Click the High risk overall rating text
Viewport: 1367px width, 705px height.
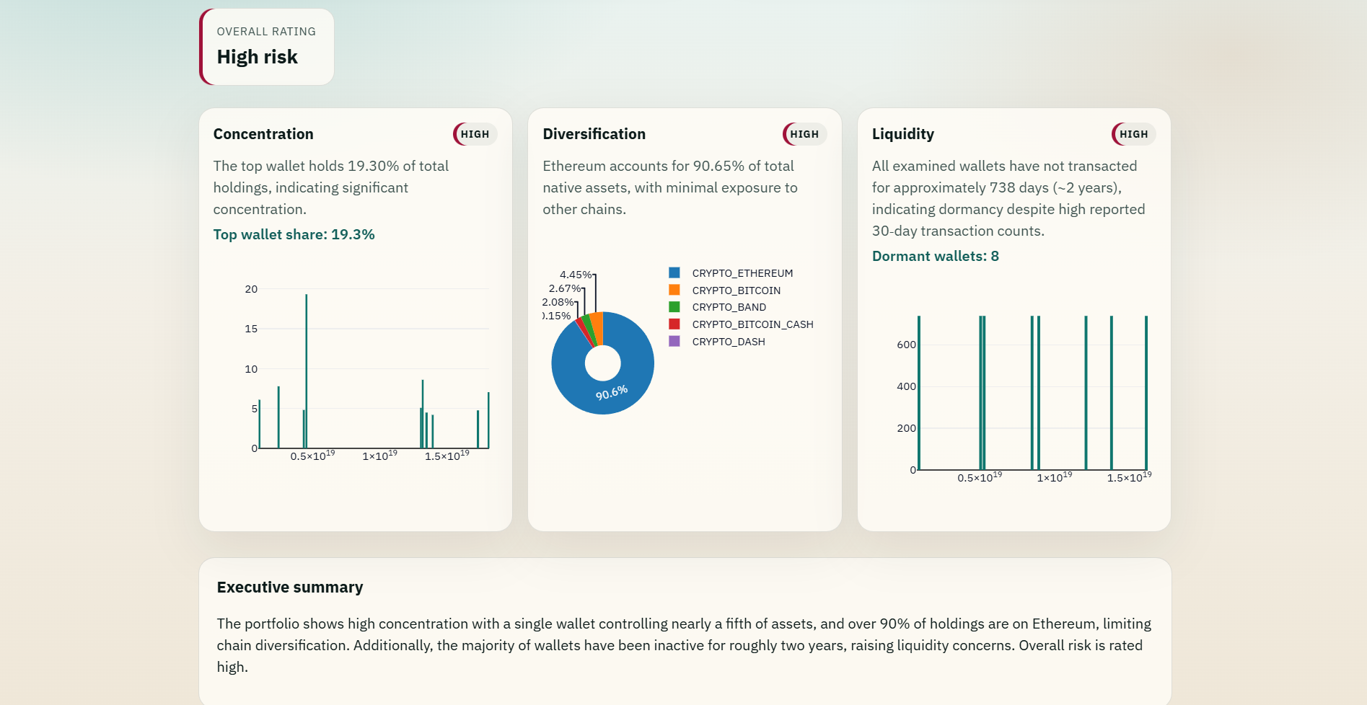257,57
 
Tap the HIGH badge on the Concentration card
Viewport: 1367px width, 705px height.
475,134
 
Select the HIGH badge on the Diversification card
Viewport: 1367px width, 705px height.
804,134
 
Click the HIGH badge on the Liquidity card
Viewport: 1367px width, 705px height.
1133,134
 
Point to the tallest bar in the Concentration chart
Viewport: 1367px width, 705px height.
306,371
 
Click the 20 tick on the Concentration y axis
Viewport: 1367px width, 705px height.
251,289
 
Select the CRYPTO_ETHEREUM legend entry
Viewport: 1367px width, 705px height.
731,273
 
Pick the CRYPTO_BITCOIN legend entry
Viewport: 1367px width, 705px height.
724,291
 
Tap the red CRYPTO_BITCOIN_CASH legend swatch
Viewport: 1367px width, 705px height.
674,324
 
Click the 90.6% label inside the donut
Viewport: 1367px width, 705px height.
612,393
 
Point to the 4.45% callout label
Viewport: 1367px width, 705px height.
576,275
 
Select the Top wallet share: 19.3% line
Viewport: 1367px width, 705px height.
294,234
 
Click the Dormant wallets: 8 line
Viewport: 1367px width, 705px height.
936,256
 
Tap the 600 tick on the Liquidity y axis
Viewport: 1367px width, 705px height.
906,345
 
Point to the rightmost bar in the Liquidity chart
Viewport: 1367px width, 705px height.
1146,393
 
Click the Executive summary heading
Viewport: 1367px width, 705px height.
290,587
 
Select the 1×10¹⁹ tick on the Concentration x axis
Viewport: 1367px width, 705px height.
379,456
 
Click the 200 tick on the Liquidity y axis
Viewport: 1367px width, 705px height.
906,428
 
